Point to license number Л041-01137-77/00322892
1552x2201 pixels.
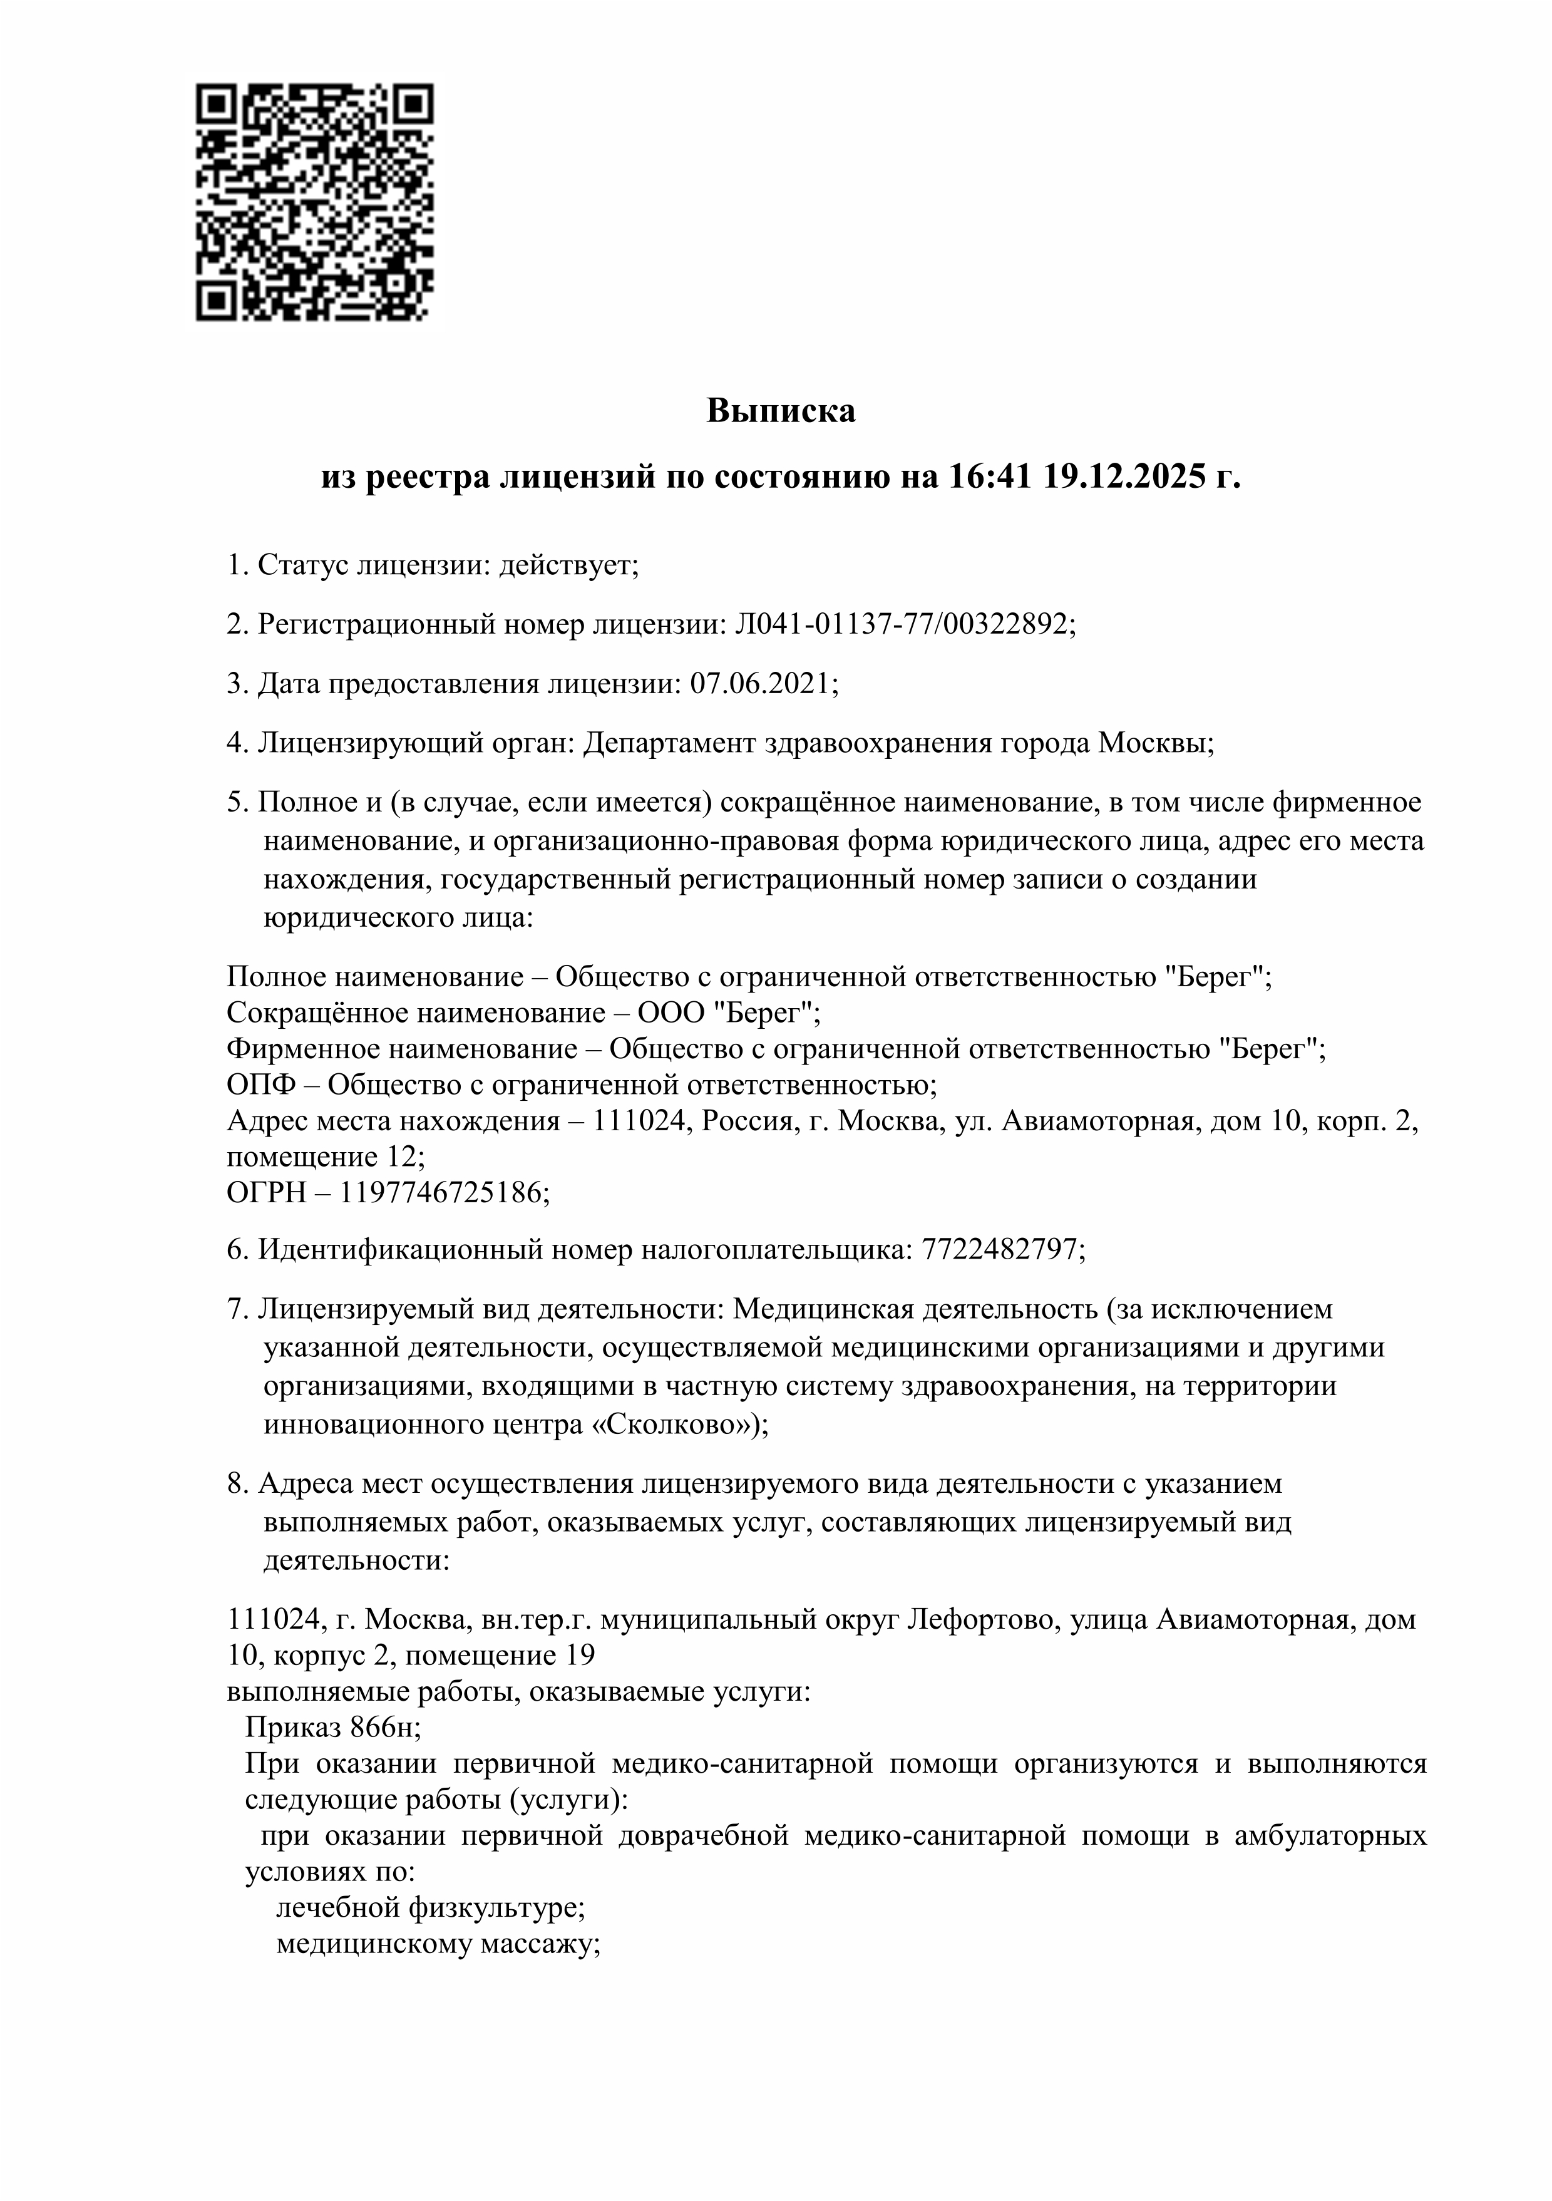pos(900,624)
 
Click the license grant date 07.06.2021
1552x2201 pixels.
pos(761,684)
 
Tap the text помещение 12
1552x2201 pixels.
pos(322,1156)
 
